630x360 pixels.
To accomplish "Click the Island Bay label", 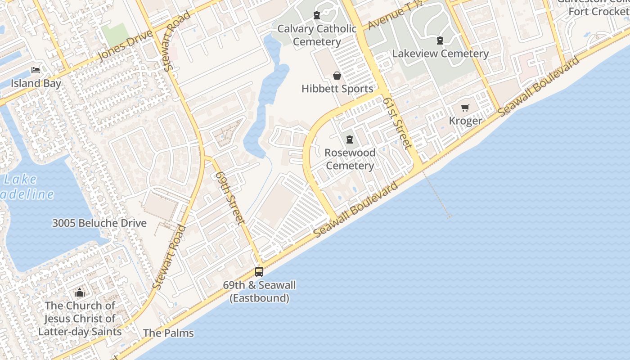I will [x=36, y=83].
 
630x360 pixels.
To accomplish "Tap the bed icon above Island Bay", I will [x=36, y=70].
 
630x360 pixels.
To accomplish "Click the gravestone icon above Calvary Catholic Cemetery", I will [x=317, y=15].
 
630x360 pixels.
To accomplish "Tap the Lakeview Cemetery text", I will [x=440, y=54].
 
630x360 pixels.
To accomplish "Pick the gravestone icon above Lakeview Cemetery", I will [x=440, y=40].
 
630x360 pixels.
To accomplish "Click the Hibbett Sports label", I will [x=337, y=89].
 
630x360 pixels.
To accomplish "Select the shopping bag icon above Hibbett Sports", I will [x=337, y=75].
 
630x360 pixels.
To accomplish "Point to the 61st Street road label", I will [x=397, y=123].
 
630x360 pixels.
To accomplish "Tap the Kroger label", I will [x=465, y=121].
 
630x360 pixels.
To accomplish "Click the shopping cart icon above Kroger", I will [x=465, y=108].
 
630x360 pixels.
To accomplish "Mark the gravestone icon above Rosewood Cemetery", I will [x=350, y=139].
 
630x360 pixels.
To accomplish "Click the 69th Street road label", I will [x=230, y=198].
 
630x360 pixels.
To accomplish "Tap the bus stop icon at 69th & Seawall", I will [x=259, y=271].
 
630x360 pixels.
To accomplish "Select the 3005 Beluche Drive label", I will [x=99, y=223].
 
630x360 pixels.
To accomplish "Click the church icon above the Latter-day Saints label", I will [x=80, y=292].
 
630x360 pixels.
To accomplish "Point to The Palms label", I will [x=168, y=333].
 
